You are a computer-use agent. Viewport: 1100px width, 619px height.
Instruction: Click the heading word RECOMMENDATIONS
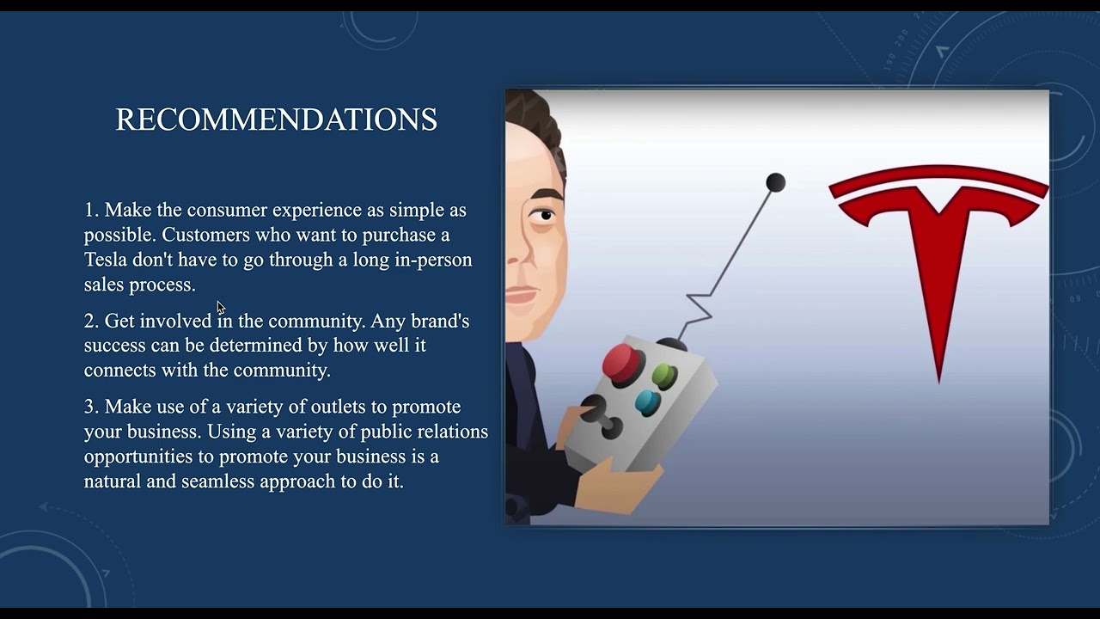276,120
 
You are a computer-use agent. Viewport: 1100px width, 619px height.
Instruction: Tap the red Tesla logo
938,258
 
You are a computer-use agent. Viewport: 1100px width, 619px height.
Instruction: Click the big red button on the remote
621,362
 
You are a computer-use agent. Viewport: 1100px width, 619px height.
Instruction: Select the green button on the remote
664,376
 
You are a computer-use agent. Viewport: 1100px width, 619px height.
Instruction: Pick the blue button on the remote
647,401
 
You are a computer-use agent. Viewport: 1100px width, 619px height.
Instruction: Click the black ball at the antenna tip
775,182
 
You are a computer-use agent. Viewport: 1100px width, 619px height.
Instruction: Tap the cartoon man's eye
541,216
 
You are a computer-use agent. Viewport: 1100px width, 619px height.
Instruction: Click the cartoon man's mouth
521,297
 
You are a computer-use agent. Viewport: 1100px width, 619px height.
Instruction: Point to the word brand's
440,321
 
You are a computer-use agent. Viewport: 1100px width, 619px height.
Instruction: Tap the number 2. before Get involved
92,321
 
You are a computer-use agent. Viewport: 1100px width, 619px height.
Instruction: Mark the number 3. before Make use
92,407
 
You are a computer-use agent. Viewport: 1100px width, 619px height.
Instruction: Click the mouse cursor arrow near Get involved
220,307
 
